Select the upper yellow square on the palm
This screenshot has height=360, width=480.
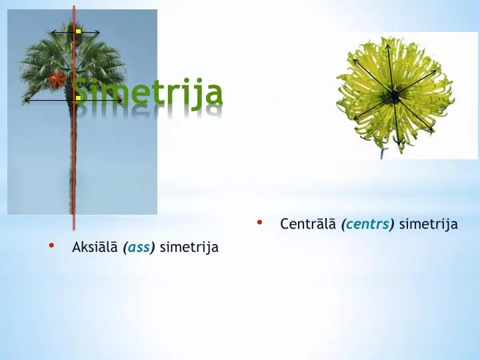[78, 31]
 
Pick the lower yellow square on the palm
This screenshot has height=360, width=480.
[78, 99]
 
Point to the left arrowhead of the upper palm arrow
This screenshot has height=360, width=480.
[53, 32]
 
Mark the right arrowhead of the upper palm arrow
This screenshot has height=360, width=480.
[98, 32]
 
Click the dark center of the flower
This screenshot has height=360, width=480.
[395, 97]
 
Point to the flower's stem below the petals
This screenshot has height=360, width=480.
[382, 153]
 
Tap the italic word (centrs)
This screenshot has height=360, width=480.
[367, 224]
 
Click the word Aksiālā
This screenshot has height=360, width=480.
[95, 247]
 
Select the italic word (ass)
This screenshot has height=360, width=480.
[139, 247]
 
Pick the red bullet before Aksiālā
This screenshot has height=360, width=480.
[51, 246]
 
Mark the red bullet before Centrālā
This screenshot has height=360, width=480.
[260, 223]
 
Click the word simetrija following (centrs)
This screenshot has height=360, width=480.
[428, 224]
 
